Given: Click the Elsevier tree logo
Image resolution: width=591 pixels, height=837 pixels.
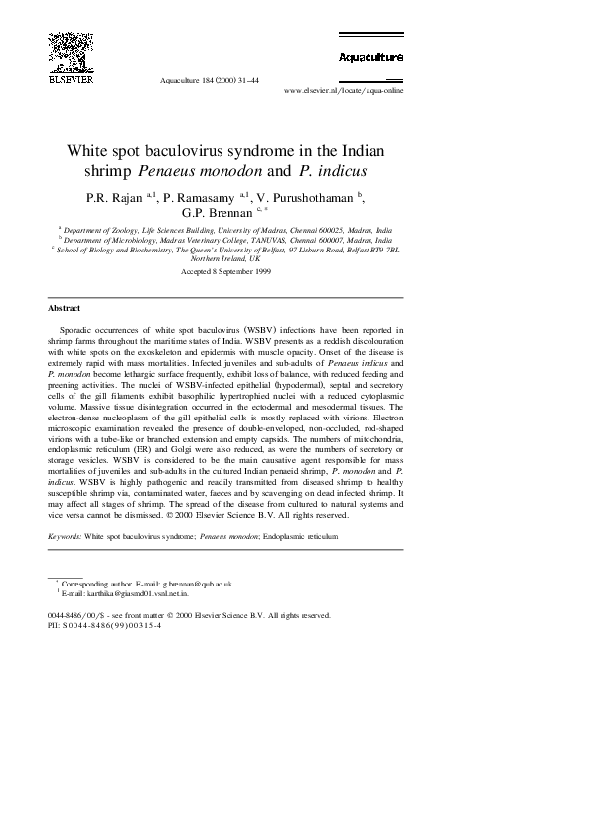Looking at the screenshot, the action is pos(64,51).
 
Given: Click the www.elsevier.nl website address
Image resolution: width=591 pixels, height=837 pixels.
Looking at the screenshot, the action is pos(345,90).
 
